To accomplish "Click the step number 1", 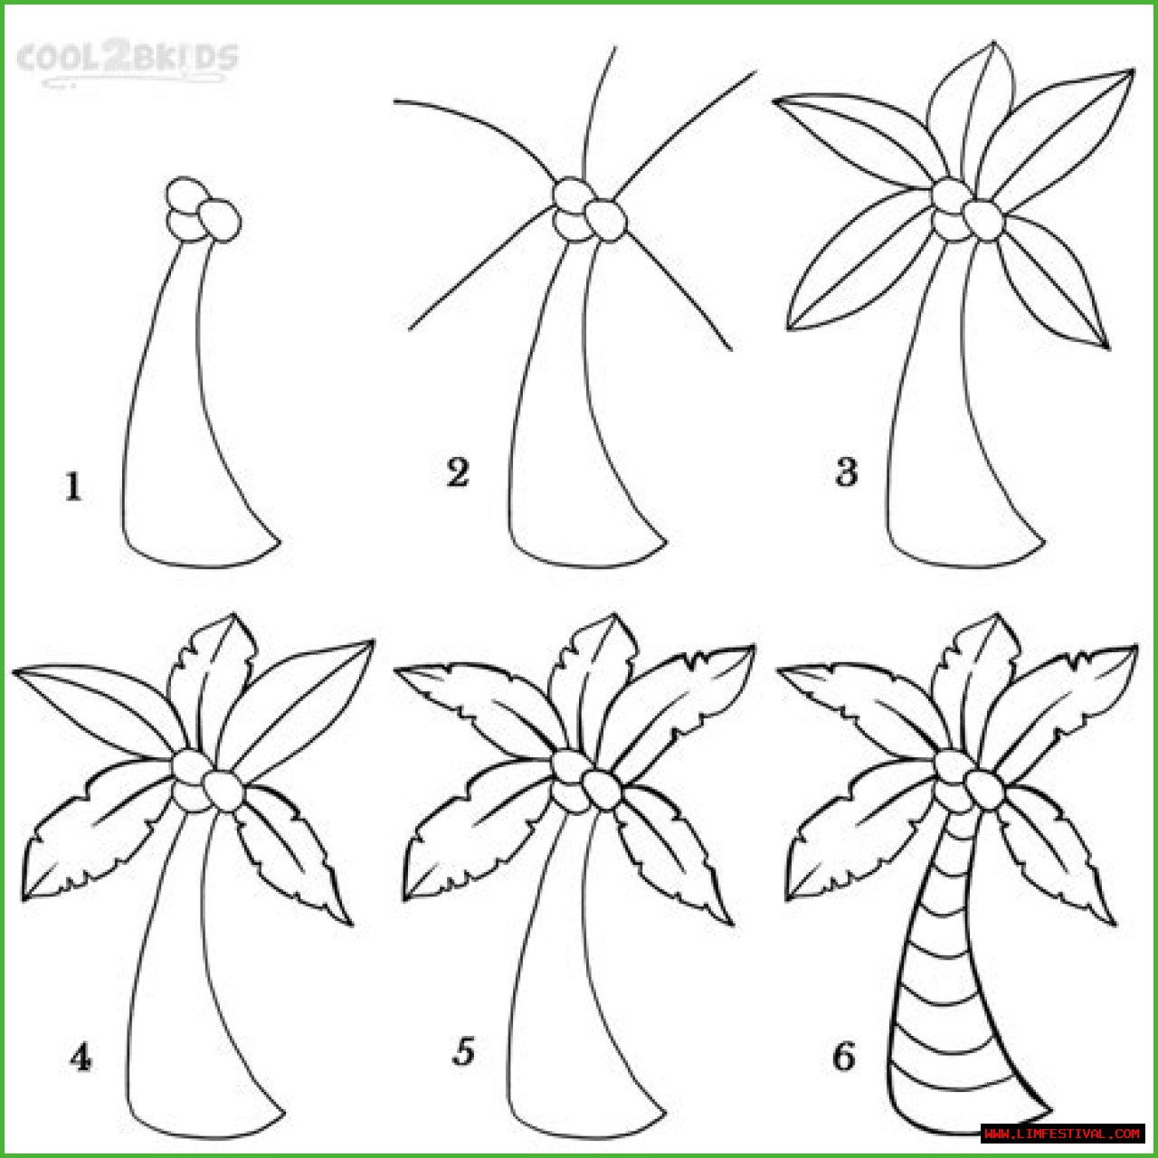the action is tap(73, 486).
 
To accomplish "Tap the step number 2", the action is tap(458, 472).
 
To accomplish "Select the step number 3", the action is tap(846, 472).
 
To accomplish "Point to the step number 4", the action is tap(81, 1057).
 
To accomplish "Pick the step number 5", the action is tap(463, 1052).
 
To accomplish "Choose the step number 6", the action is tap(844, 1056).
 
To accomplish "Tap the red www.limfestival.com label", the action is tap(1062, 1133).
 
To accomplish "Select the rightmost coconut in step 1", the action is tap(220, 221).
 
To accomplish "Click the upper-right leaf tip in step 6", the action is tap(1136, 647).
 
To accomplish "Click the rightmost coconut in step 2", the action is tap(606, 221).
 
